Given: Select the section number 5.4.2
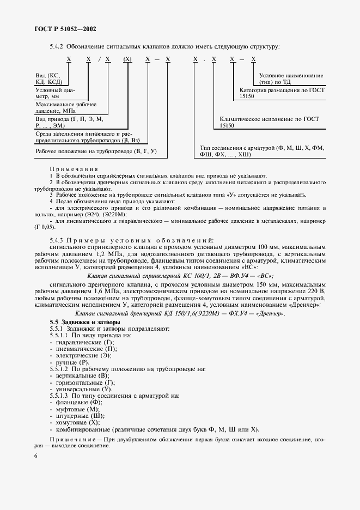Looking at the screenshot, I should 57,46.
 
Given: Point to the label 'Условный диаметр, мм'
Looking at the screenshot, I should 56,93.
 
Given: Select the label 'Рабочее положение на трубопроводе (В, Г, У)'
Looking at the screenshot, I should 96,150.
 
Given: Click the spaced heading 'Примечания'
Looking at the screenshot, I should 74,169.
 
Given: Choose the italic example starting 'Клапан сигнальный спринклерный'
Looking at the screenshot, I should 180,276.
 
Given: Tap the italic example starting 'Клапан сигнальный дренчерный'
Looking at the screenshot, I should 180,314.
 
